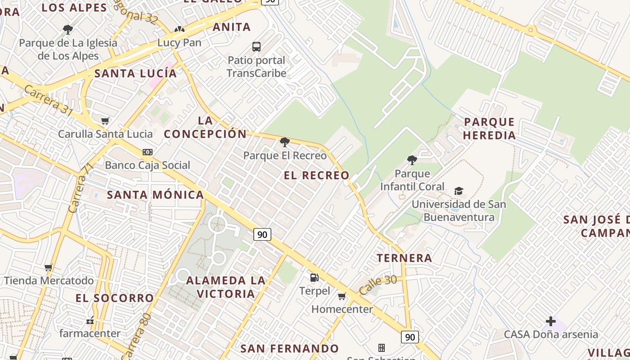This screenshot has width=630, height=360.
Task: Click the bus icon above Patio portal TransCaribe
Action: click(256, 46)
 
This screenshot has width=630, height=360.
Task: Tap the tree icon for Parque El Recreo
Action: click(284, 143)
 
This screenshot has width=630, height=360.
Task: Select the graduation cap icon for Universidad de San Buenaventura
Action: click(459, 191)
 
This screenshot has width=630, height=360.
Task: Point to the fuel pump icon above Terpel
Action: click(315, 278)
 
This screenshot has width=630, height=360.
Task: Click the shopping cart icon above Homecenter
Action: click(342, 296)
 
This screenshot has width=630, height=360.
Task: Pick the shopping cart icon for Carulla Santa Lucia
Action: click(105, 121)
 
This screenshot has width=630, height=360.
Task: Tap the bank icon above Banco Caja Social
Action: click(147, 152)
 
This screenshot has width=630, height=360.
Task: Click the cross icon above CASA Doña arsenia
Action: click(550, 321)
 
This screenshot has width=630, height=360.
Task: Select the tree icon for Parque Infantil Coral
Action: click(412, 160)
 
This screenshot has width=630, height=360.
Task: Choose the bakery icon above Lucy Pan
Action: click(179, 30)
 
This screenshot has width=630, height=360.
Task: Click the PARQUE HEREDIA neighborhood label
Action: click(489, 129)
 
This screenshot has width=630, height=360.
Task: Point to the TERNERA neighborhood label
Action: click(404, 258)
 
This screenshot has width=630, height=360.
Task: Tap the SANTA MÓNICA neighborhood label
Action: click(155, 195)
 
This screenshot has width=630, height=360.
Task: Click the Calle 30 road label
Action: click(378, 284)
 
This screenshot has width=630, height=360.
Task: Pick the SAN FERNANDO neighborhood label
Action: click(289, 349)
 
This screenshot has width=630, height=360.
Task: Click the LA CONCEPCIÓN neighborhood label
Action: click(205, 127)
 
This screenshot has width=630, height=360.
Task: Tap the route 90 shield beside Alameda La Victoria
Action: click(262, 234)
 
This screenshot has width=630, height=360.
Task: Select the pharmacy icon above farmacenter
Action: click(90, 321)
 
